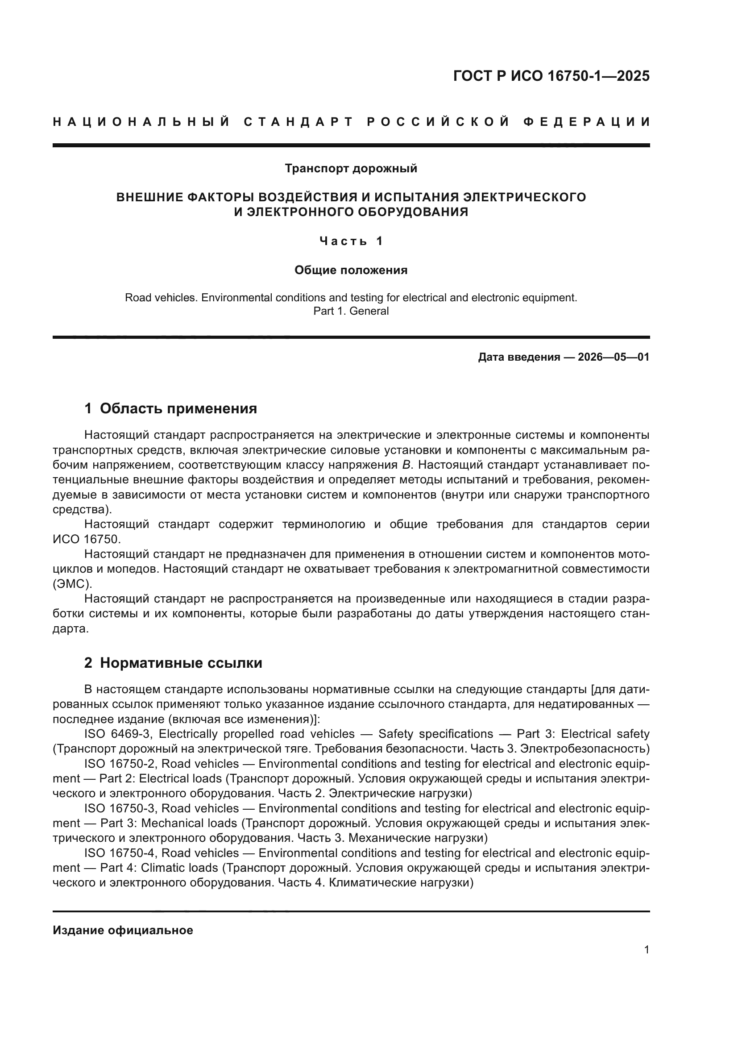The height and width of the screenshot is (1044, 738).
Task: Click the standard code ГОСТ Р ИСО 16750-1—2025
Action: coord(551,76)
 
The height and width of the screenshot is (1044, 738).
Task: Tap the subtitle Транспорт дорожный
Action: coord(351,169)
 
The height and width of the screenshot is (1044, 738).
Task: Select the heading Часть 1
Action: coord(351,241)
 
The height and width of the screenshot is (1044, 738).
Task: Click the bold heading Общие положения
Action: coord(351,270)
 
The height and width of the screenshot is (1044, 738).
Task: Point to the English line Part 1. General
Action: coord(351,311)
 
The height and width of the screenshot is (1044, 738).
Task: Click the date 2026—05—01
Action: coord(614,357)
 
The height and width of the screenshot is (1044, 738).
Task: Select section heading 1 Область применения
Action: coord(171,408)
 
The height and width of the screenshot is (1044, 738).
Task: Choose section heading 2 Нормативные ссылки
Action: coord(173,663)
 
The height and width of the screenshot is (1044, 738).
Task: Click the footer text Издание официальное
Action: coord(123,930)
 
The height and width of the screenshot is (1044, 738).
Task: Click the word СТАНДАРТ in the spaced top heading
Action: coord(298,122)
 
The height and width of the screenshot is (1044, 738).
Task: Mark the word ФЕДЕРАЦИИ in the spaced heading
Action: coord(587,122)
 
